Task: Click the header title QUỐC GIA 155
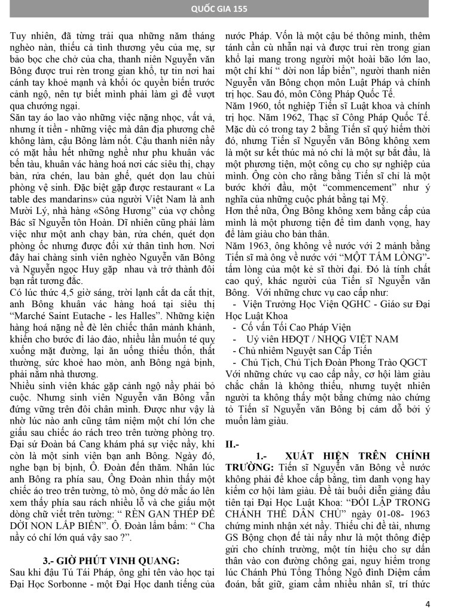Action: pos(227,9)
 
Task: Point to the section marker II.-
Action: pos(233,445)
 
